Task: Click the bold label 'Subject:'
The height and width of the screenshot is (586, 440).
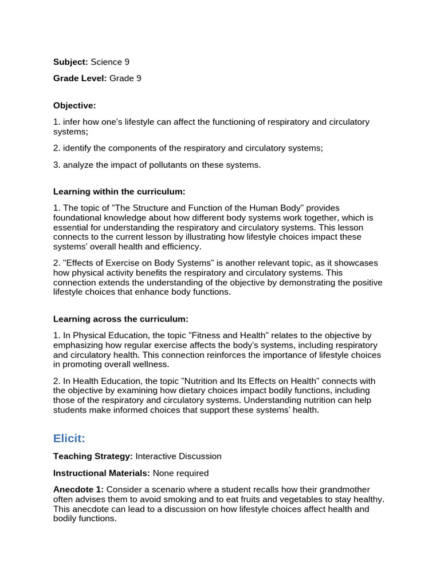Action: (70, 62)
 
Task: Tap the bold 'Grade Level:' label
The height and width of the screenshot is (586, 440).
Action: (80, 78)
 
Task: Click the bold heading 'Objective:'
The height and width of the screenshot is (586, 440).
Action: (74, 105)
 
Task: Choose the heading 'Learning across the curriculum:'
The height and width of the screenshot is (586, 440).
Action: (120, 318)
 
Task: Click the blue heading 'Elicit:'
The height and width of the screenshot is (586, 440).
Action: (69, 438)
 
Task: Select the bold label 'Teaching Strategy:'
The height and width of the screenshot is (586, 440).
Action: (93, 456)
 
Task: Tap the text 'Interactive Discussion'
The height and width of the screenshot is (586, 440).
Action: (178, 456)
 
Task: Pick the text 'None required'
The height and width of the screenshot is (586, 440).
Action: (180, 473)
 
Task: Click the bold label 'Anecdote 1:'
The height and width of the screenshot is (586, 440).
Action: (78, 489)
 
